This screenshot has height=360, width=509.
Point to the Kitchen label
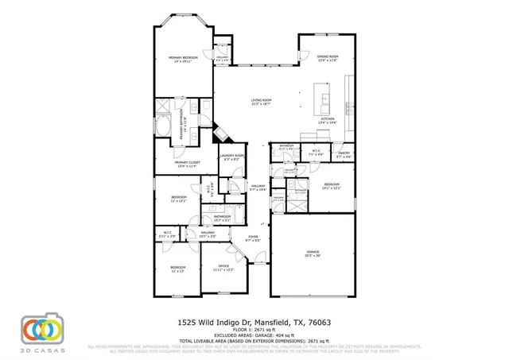click(328, 120)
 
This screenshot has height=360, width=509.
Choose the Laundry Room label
click(231, 157)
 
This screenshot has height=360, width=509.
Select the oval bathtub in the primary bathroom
click(163, 126)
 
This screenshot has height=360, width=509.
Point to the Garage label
click(312, 254)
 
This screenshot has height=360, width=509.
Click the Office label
click(223, 268)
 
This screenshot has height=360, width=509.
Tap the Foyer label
click(253, 238)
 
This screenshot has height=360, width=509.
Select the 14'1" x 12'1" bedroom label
click(332, 186)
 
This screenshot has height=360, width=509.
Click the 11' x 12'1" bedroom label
click(178, 199)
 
